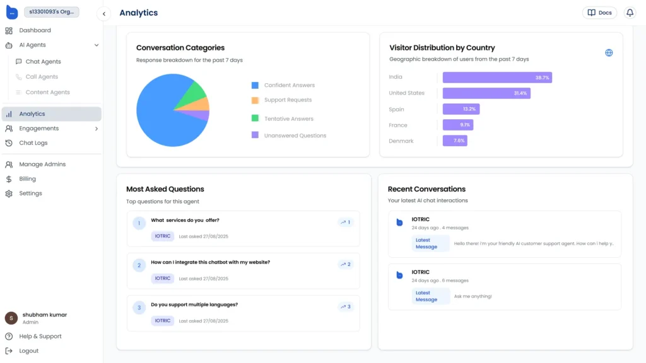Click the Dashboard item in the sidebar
click(35, 30)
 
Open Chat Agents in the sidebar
click(43, 62)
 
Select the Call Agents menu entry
click(42, 77)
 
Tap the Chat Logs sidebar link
click(33, 143)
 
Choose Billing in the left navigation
click(27, 179)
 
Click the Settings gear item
click(30, 193)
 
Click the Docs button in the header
click(599, 13)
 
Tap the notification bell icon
click(630, 13)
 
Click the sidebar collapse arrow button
click(104, 13)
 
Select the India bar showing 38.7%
click(497, 78)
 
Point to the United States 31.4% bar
click(486, 93)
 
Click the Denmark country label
click(401, 141)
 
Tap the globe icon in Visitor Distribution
click(609, 53)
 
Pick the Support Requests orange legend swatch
click(255, 100)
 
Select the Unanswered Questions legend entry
click(295, 135)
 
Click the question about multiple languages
click(194, 304)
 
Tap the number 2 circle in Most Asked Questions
click(139, 265)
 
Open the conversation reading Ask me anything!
click(505, 287)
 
